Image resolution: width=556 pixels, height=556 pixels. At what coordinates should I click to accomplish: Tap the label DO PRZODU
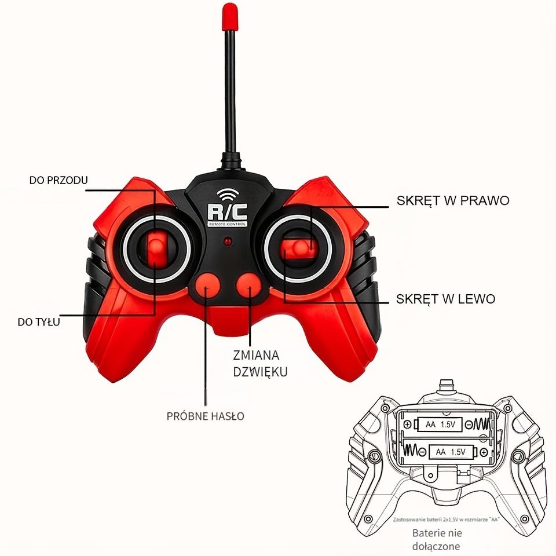58,180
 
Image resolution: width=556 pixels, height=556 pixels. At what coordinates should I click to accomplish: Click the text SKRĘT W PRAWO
453,200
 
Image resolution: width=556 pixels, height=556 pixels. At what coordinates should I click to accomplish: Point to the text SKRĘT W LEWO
446,299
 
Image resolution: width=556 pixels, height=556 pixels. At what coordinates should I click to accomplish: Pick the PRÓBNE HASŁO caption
205,416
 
